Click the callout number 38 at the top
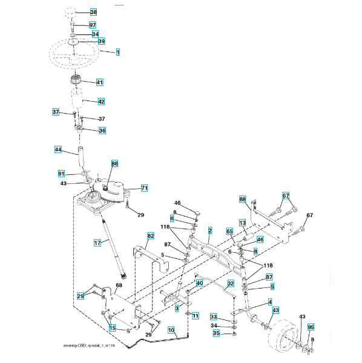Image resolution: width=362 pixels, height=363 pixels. [x=93, y=12]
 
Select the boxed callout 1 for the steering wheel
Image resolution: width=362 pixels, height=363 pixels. [x=118, y=52]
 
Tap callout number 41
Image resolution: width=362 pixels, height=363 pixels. [x=100, y=82]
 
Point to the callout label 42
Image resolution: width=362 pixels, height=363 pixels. [x=102, y=102]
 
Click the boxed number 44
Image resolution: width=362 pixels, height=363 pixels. [x=58, y=149]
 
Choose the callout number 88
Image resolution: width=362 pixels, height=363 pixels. [x=114, y=163]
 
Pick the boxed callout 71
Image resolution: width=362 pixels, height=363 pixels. [x=145, y=188]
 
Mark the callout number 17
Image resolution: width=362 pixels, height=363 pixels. [x=97, y=243]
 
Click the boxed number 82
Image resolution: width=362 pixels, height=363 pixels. [x=151, y=236]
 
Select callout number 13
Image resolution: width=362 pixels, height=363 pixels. [x=242, y=223]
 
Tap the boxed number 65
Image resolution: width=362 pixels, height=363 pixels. [x=229, y=231]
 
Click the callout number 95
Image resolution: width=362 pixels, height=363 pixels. [x=311, y=327]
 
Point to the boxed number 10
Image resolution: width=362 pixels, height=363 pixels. [x=171, y=330]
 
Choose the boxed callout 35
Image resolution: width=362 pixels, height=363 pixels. [x=216, y=333]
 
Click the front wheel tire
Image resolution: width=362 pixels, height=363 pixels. [x=283, y=333]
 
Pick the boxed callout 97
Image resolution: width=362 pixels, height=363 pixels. [x=93, y=25]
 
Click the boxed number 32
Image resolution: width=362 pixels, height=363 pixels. [x=231, y=283]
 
